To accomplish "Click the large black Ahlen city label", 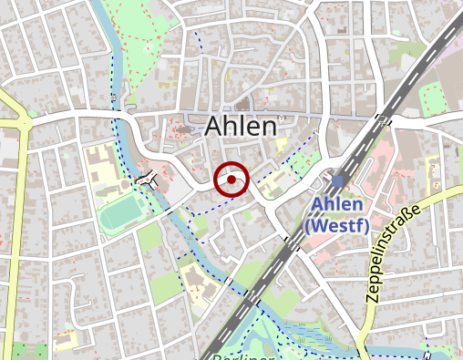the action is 241,126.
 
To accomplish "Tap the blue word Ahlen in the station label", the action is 336,205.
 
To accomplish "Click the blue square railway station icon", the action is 337,181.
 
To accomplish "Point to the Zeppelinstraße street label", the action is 393,253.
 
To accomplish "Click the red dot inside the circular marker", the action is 231,180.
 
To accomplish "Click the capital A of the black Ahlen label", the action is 216,126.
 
